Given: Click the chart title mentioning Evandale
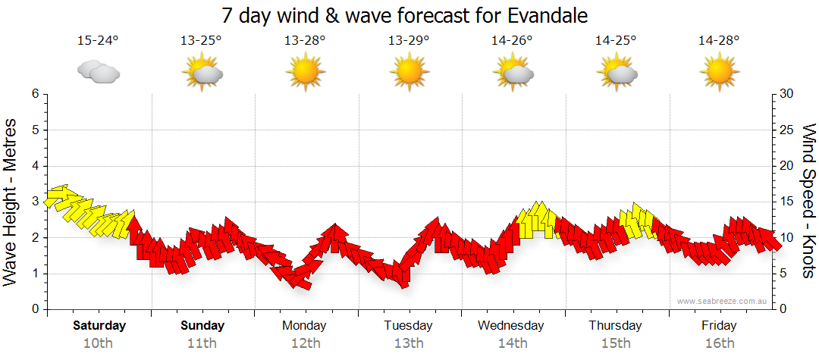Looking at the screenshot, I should point(405,15).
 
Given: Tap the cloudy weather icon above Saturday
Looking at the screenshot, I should point(99,72).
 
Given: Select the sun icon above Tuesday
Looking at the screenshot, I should point(409,72).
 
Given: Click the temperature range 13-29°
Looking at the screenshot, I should point(409,41).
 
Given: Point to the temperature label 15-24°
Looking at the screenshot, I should point(98,41).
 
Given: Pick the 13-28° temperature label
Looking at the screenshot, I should point(305,41).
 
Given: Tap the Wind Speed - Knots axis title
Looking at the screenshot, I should point(808,201).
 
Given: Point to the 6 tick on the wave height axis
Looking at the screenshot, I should point(34,94).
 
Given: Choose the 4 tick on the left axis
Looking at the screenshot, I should point(34,166).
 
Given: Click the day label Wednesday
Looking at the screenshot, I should point(511,326).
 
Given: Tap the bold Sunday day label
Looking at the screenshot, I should point(202,326).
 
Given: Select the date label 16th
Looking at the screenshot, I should point(720,343).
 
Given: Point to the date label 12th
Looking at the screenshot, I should point(305,343).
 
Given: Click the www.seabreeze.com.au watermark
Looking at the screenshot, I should point(723,301).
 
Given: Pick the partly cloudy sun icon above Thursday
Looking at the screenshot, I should point(617,72).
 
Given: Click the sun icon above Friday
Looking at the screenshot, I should point(720,72).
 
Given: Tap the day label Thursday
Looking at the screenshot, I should point(615,326).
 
